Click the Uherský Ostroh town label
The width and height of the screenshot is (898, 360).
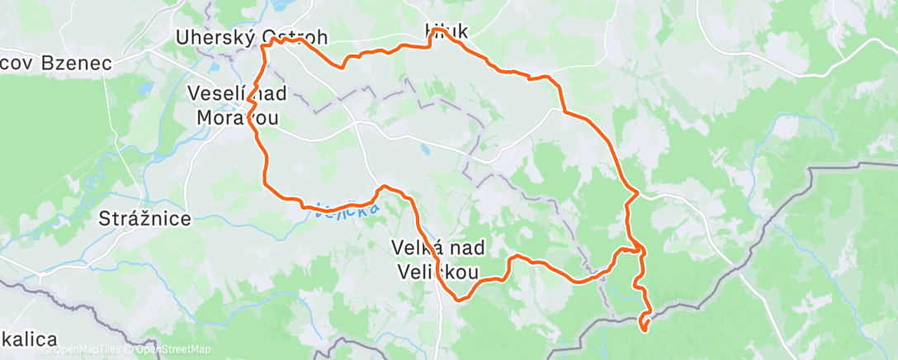[252, 38]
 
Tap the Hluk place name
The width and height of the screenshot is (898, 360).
[447, 32]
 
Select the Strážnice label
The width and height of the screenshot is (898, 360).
[144, 219]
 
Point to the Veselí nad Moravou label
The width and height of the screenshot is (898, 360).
[236, 105]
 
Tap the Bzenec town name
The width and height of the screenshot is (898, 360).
[75, 63]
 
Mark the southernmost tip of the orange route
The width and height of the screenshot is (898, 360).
[644, 331]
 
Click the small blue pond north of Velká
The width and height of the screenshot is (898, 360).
[424, 150]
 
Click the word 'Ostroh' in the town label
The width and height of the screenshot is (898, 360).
[295, 38]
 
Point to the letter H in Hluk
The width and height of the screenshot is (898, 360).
[430, 32]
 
